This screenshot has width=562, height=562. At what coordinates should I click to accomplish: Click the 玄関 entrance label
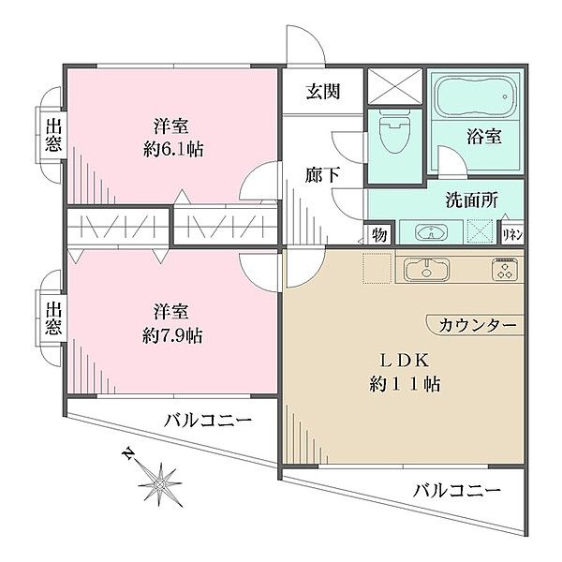click(x=320, y=92)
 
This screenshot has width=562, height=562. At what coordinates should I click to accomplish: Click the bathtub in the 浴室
click(x=473, y=96)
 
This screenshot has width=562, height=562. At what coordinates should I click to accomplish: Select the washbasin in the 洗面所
click(x=430, y=231)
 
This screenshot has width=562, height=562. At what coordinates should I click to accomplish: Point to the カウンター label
click(x=476, y=324)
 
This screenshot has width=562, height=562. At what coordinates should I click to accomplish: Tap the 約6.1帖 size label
click(x=174, y=148)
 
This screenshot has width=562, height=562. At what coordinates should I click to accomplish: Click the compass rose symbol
click(x=164, y=482)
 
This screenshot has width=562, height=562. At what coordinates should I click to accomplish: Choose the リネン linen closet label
click(x=512, y=234)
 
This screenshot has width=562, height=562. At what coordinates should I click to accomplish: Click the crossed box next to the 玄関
click(x=392, y=85)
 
